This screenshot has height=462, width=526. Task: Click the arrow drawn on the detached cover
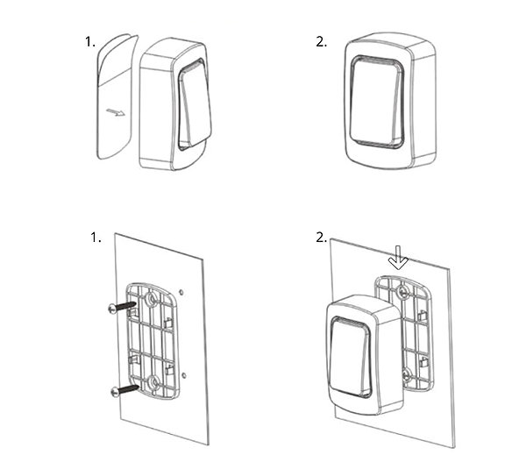click(116, 112)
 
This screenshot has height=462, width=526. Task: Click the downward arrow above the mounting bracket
click(398, 258)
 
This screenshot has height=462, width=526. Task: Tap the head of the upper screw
click(113, 309)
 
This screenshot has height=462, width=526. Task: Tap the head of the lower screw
click(115, 392)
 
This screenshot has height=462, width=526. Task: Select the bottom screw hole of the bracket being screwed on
click(154, 382)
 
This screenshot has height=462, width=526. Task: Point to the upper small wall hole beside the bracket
click(181, 293)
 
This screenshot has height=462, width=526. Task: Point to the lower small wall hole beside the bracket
click(184, 374)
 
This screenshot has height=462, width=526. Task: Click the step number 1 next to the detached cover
click(90, 42)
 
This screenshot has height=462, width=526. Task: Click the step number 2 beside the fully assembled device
click(322, 42)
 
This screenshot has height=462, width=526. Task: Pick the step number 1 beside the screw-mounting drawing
click(96, 238)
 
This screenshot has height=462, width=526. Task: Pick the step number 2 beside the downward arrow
click(322, 238)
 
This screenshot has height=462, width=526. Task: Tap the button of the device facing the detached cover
click(194, 104)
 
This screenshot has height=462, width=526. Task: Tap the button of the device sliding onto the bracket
click(350, 357)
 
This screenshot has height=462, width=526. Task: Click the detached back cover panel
click(115, 96)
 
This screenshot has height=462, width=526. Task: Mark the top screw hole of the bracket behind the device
click(402, 292)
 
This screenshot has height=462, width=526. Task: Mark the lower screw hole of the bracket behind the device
click(407, 374)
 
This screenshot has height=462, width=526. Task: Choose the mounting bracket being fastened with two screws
click(153, 341)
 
